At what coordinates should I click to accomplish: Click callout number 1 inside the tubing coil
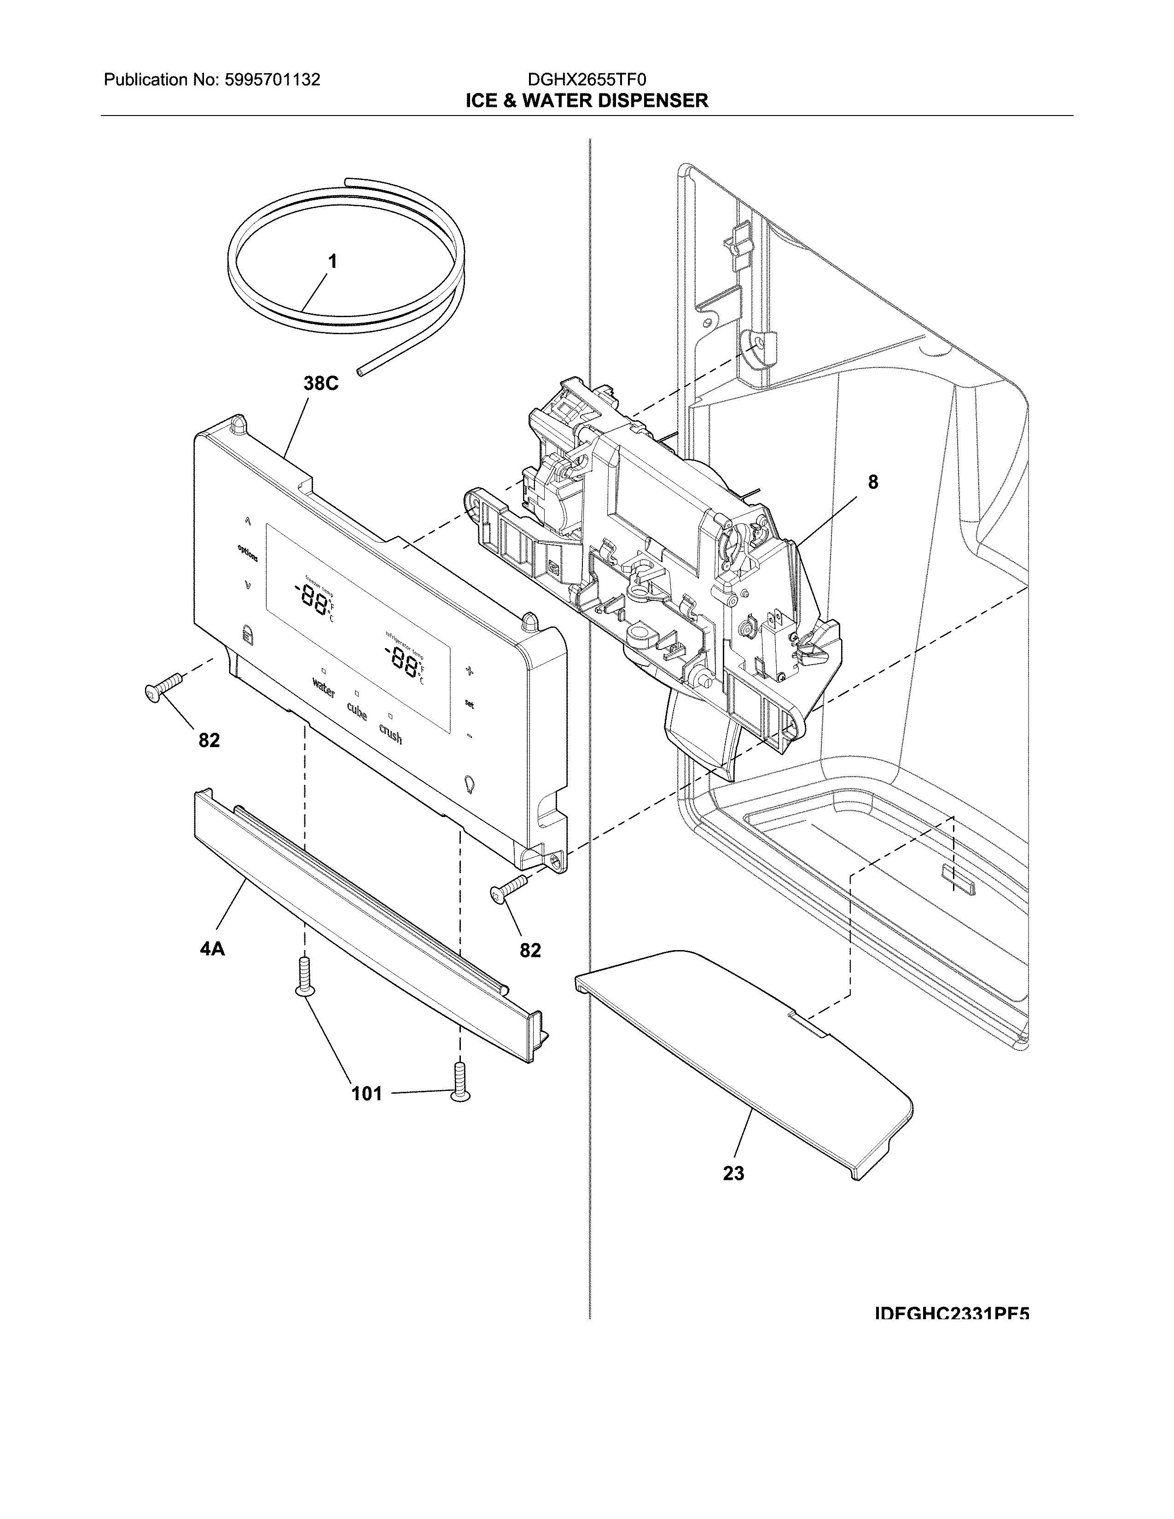[332, 261]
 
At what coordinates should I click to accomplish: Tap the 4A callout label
[212, 948]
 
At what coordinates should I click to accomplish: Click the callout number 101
[366, 1093]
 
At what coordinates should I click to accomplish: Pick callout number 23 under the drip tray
[733, 1173]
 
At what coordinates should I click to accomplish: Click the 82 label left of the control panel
[209, 740]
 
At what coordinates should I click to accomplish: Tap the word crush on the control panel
[390, 733]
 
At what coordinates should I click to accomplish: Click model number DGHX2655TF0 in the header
[586, 80]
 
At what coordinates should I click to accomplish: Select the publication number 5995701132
[272, 80]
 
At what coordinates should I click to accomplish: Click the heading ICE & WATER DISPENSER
[586, 101]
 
